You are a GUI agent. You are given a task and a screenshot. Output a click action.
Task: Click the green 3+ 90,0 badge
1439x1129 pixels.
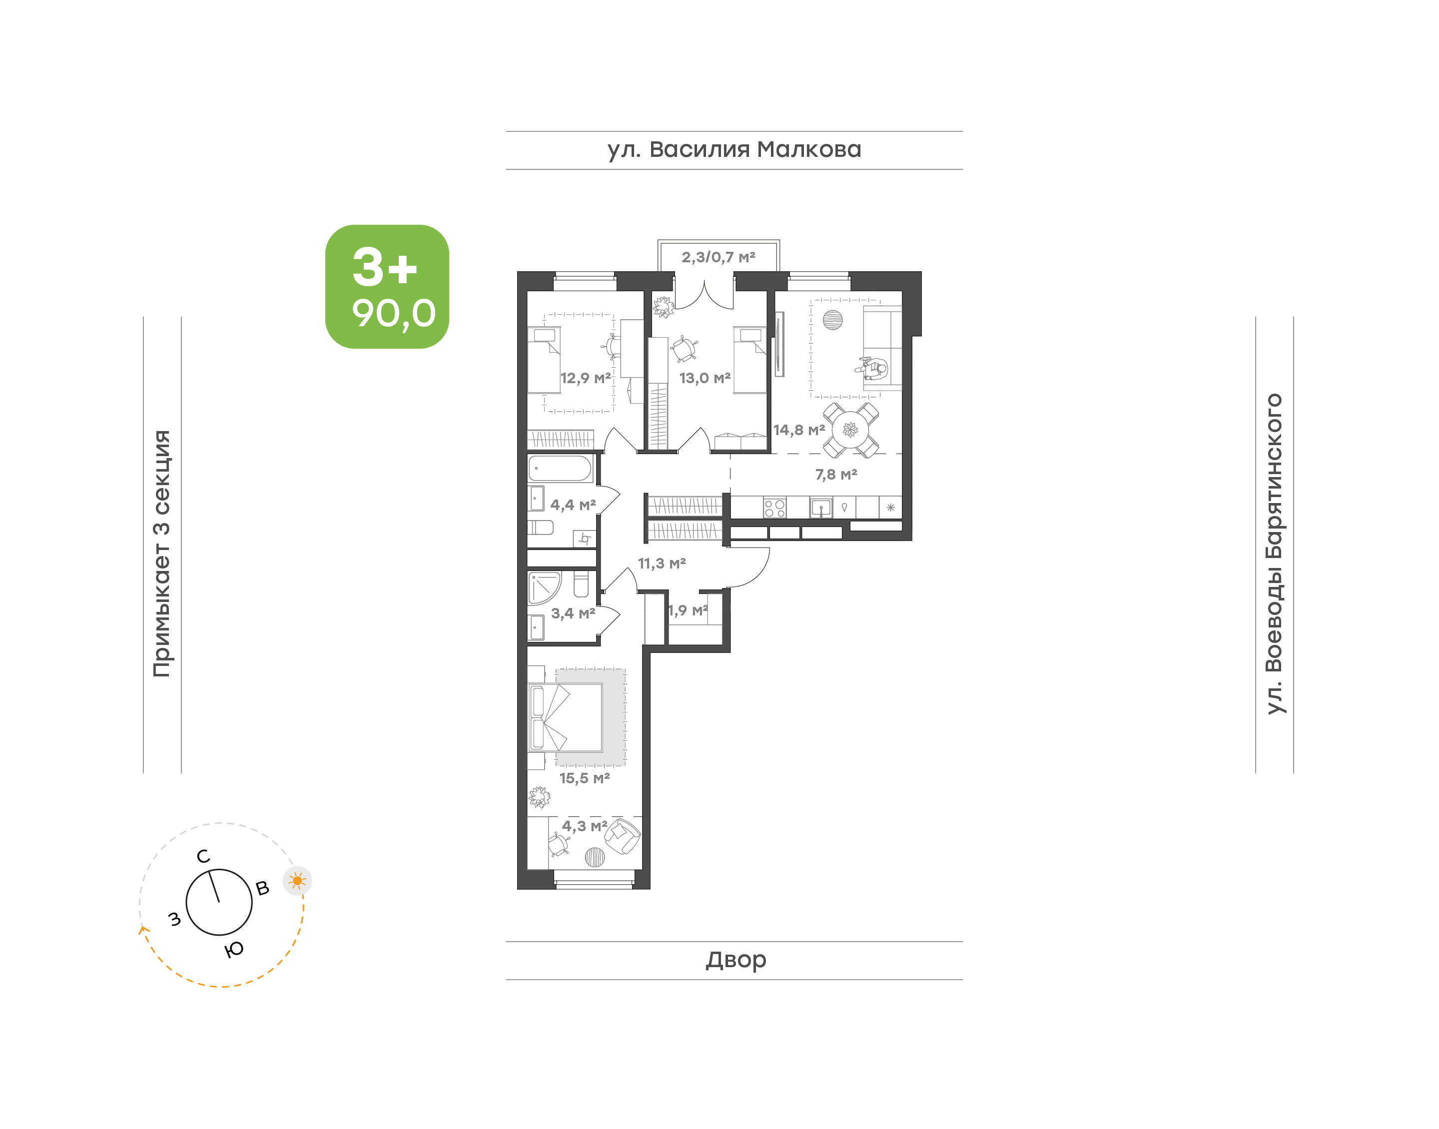click(387, 286)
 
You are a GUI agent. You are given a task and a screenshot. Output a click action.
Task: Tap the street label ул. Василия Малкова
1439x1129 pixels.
click(734, 150)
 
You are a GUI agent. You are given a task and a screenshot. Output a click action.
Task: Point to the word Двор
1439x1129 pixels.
click(735, 960)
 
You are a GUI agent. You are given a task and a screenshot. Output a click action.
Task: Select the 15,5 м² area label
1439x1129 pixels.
click(584, 778)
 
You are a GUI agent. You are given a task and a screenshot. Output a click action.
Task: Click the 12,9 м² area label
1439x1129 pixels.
click(586, 378)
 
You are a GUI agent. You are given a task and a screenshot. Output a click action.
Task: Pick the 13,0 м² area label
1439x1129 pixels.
click(705, 378)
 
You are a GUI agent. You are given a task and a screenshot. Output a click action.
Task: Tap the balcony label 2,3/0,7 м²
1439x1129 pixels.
click(719, 257)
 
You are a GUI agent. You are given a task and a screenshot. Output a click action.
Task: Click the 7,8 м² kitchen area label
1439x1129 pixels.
click(836, 475)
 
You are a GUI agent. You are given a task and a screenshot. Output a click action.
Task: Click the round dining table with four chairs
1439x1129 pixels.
click(851, 430)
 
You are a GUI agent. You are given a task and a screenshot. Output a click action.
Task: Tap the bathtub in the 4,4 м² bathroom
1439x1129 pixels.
click(560, 468)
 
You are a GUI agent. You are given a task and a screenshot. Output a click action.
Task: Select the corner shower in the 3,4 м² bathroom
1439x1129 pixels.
click(544, 588)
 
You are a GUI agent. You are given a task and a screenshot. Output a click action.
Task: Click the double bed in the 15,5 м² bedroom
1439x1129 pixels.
click(565, 718)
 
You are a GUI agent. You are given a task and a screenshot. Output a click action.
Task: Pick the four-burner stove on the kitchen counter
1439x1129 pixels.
click(774, 508)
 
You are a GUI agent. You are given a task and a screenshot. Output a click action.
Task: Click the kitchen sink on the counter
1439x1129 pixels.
click(821, 508)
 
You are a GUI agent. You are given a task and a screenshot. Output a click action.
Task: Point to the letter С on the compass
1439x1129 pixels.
click(203, 856)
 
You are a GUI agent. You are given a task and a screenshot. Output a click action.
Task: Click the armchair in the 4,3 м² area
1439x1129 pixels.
click(622, 837)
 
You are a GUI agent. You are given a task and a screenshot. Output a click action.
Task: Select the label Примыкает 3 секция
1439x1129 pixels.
click(162, 554)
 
